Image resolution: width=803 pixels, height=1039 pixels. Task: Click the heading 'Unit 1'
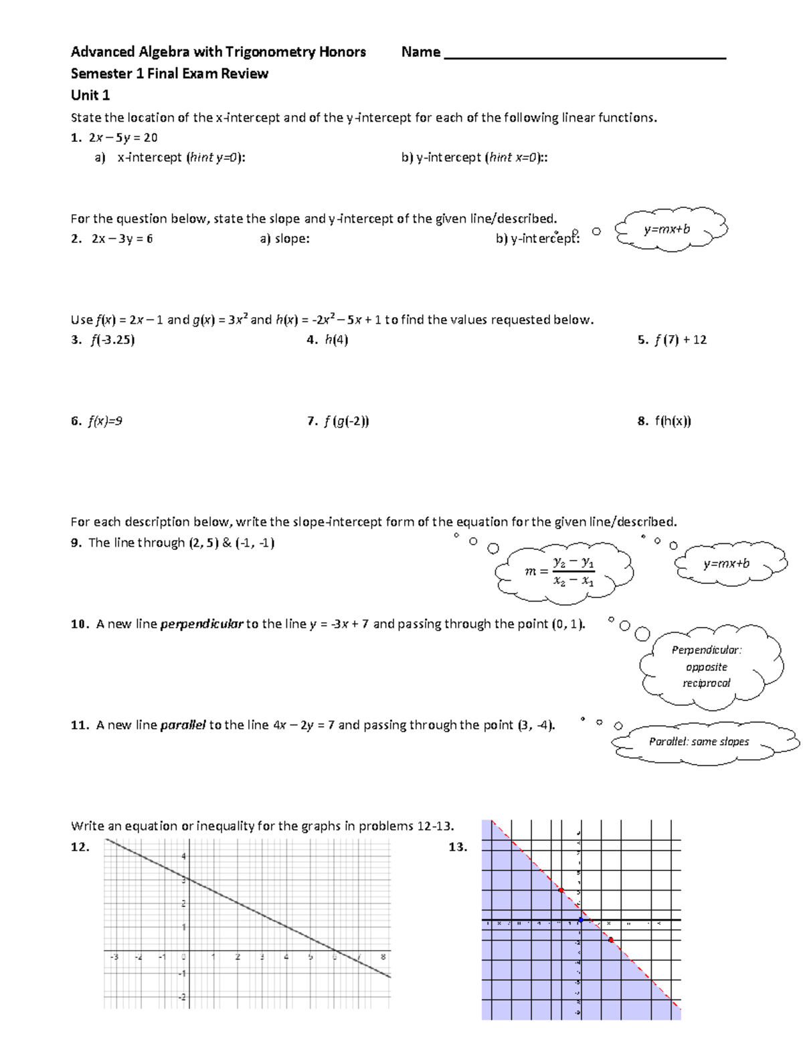(x=90, y=95)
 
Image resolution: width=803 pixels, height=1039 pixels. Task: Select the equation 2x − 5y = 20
(x=123, y=138)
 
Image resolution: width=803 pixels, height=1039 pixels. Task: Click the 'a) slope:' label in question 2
(x=284, y=239)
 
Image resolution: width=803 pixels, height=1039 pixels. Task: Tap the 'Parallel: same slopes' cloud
(x=699, y=742)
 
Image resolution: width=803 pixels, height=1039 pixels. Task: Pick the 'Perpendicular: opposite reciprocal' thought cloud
(x=707, y=666)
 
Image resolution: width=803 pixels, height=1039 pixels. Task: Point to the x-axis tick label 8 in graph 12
(x=383, y=957)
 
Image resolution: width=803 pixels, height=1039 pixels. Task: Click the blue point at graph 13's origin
(x=581, y=921)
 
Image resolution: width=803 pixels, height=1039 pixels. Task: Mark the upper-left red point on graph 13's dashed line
(x=561, y=890)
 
